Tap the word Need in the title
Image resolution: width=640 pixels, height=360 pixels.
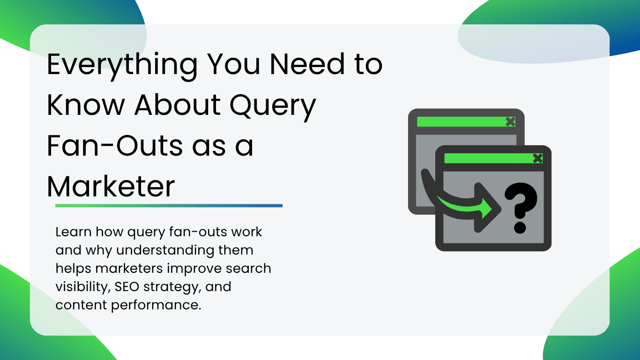pyautogui.click(x=307, y=64)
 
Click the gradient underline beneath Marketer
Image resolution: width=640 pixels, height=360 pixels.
pyautogui.click(x=169, y=206)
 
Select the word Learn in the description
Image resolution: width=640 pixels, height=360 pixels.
pyautogui.click(x=74, y=232)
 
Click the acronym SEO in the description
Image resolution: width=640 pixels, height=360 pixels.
pyautogui.click(x=127, y=286)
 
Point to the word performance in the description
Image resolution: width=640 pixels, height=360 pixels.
pyautogui.click(x=156, y=305)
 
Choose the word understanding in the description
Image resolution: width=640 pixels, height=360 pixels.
pyautogui.click(x=165, y=250)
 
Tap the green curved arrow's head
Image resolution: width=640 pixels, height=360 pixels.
pyautogui.click(x=487, y=208)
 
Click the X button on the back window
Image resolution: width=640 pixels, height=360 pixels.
pyautogui.click(x=510, y=121)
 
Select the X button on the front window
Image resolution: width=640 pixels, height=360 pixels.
pyautogui.click(x=537, y=158)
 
